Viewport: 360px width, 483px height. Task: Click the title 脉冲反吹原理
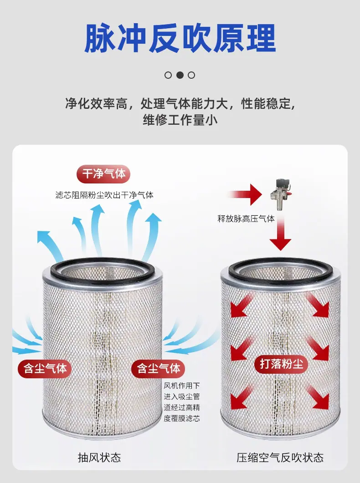180,39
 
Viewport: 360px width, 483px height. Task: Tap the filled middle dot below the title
180,75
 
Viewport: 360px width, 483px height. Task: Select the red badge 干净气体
103,174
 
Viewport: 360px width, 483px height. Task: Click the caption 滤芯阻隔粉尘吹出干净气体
104,195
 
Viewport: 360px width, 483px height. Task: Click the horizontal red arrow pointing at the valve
245,194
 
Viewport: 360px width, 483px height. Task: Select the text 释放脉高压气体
246,219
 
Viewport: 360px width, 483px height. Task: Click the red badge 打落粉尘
282,364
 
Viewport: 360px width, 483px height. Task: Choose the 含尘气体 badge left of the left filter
45,368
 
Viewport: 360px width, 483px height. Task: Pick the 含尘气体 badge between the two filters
158,368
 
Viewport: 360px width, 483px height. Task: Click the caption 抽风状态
99,458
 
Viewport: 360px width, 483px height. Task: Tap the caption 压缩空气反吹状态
280,458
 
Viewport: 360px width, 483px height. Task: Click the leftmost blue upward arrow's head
44,237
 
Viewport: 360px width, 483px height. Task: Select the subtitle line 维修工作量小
180,120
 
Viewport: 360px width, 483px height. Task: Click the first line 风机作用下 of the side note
182,385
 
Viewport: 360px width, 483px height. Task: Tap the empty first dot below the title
168,75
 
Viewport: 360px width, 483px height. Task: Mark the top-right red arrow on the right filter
318,305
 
